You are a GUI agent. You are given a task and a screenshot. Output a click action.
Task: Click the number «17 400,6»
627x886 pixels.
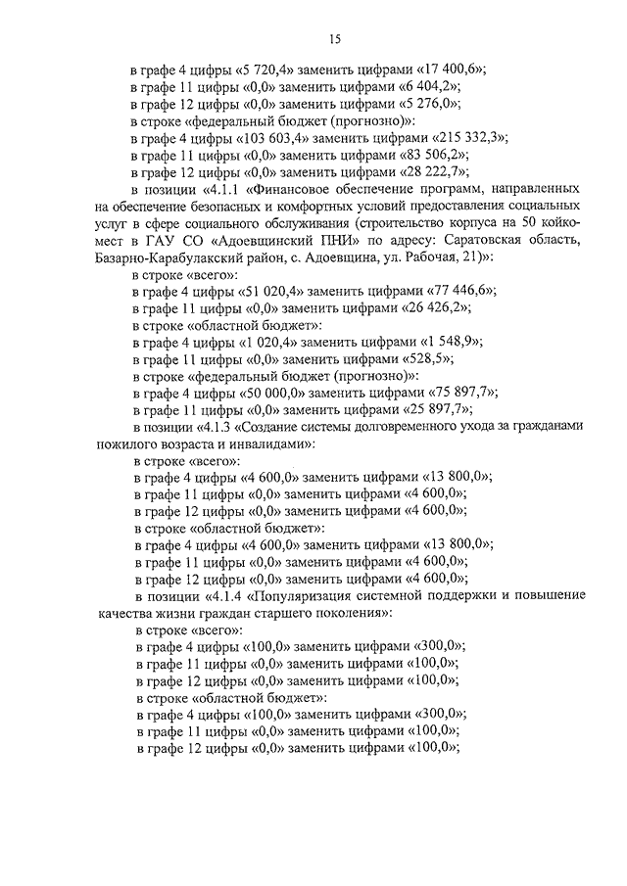[453, 71]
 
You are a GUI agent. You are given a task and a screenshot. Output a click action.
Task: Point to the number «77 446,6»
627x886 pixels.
[461, 291]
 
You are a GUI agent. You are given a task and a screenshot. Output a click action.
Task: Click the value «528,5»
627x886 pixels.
[417, 358]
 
